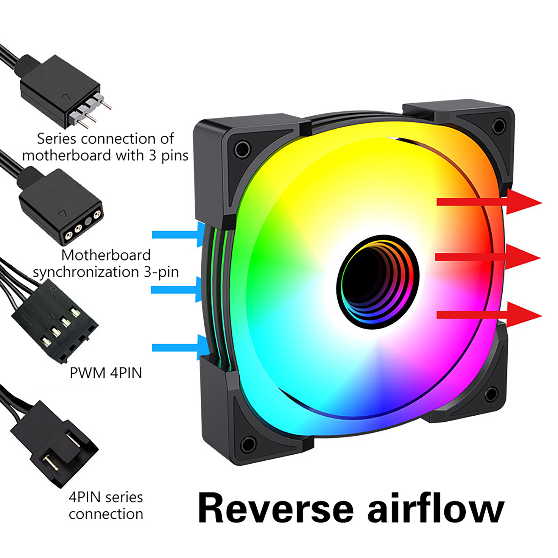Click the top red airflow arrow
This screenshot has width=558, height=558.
tap(488, 202)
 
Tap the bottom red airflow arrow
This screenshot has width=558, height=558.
tap(488, 315)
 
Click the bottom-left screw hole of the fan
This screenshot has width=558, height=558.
tap(248, 444)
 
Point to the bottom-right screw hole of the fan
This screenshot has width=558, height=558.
tap(491, 394)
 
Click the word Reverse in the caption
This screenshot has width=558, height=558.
tap(276, 508)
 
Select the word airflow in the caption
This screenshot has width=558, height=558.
tap(436, 508)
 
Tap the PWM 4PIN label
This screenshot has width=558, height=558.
tap(106, 373)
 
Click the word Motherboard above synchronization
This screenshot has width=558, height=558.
tap(106, 255)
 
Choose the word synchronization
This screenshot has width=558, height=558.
tap(85, 272)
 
